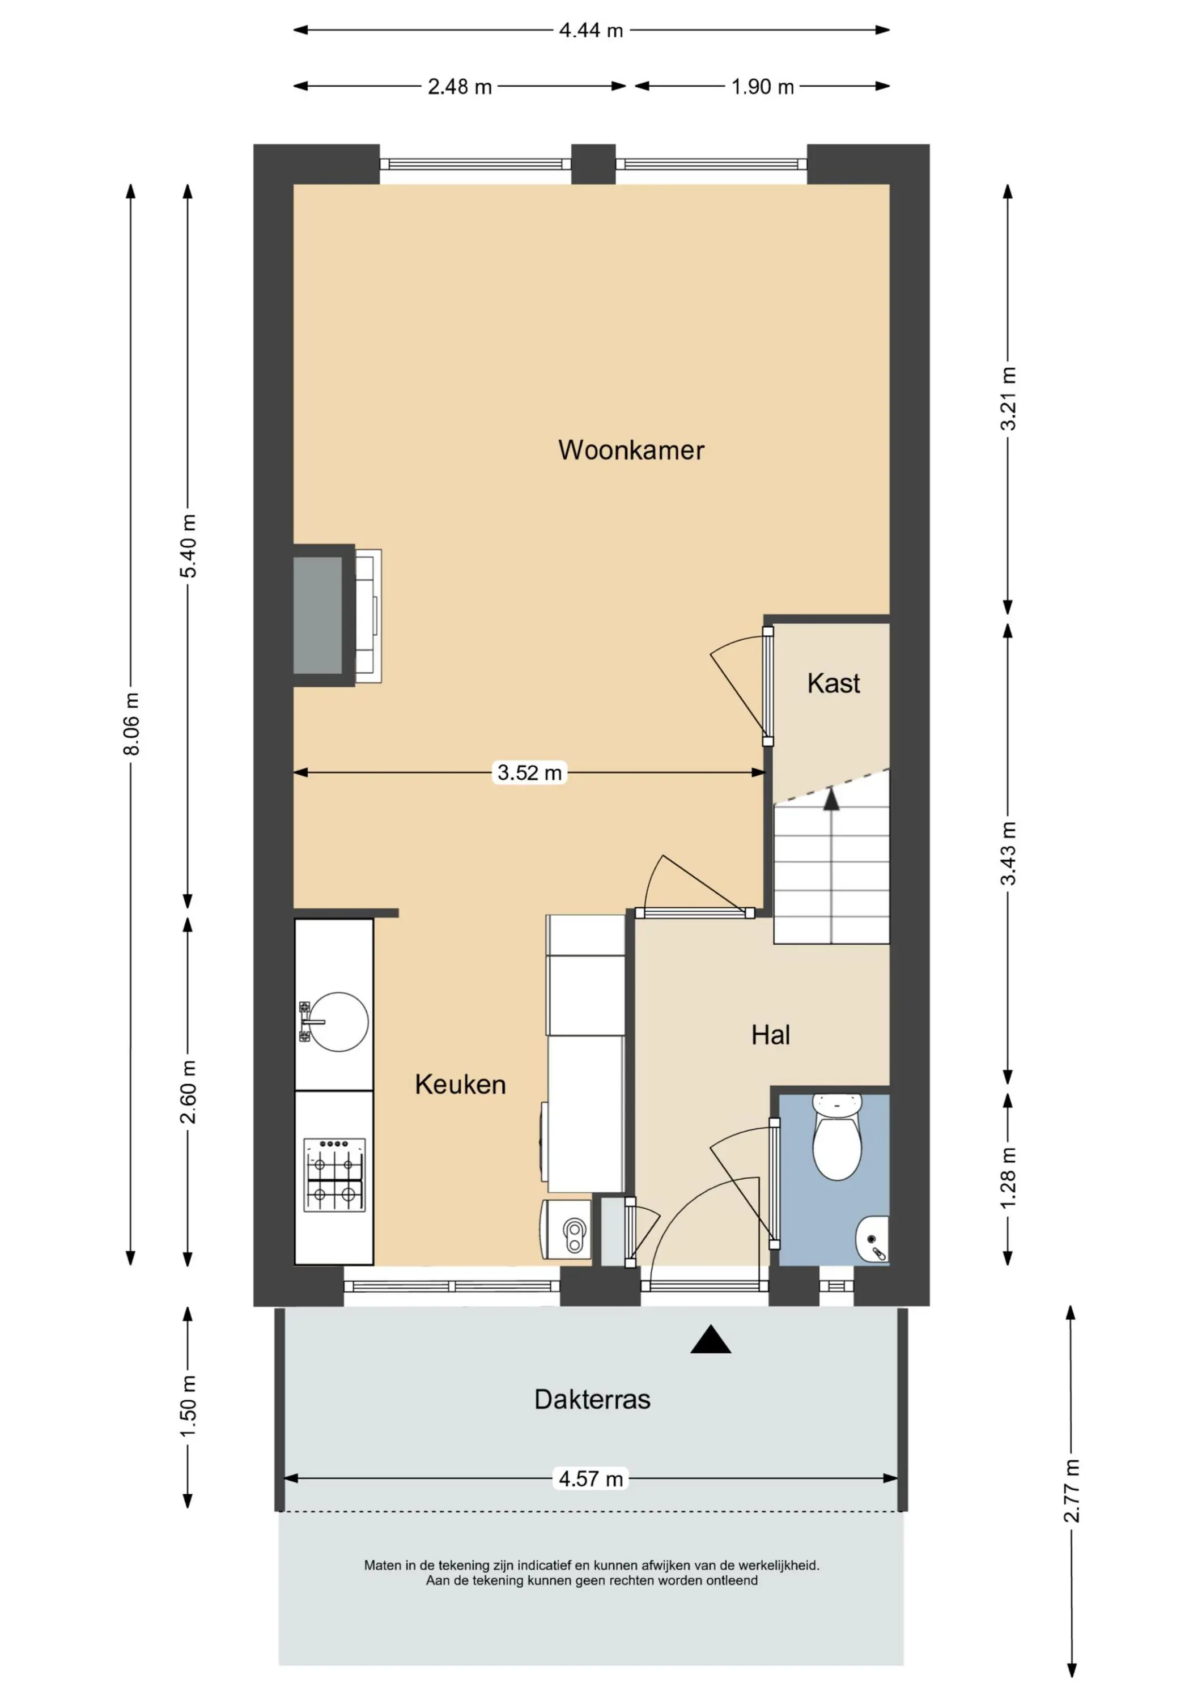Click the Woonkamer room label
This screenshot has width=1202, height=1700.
[x=631, y=450]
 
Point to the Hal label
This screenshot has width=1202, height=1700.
[x=770, y=1035]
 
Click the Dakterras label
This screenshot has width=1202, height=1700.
[x=592, y=1400]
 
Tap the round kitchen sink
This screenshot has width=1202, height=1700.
[x=338, y=1022]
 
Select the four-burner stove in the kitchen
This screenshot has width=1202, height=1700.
[x=334, y=1175]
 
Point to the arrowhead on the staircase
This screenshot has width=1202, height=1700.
[x=832, y=799]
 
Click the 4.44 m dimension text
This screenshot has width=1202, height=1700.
[x=591, y=31]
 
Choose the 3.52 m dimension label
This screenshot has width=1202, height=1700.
[x=529, y=773]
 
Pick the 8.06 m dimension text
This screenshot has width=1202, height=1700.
[x=131, y=724]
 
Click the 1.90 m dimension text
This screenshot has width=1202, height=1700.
[x=763, y=87]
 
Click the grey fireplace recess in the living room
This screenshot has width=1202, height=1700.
[x=318, y=615]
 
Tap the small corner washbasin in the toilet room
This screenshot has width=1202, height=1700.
[x=873, y=1239]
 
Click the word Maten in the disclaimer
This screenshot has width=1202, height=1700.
[x=383, y=1566]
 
